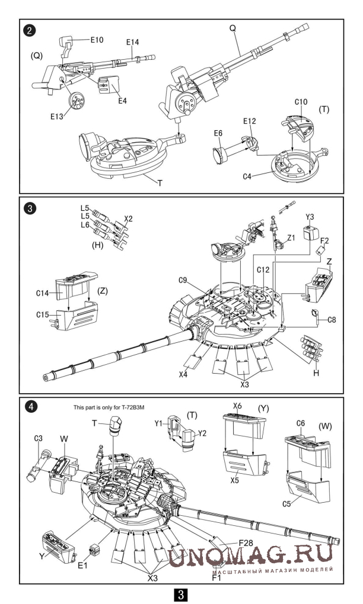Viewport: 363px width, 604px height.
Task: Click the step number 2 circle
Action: [x=29, y=31]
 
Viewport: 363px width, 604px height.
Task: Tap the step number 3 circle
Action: [x=29, y=209]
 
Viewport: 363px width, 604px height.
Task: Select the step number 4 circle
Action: [x=29, y=407]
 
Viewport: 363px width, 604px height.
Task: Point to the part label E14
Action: [x=132, y=42]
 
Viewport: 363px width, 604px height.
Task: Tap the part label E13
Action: [x=57, y=116]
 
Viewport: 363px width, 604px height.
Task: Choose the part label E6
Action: [x=218, y=133]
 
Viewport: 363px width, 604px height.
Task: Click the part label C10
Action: [x=301, y=102]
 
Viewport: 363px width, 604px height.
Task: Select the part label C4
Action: [x=247, y=176]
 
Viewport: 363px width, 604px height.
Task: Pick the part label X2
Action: [x=129, y=219]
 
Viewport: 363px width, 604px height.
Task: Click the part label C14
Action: [x=43, y=293]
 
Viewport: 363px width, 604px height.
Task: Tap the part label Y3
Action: [x=310, y=217]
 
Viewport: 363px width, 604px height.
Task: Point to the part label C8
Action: [x=332, y=320]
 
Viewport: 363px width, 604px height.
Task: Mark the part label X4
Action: [x=183, y=374]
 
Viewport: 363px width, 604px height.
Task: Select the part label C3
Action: [x=38, y=438]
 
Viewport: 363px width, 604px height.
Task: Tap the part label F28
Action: [x=246, y=543]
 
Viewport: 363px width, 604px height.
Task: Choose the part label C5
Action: [x=286, y=503]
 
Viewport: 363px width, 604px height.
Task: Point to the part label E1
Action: [x=82, y=565]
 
